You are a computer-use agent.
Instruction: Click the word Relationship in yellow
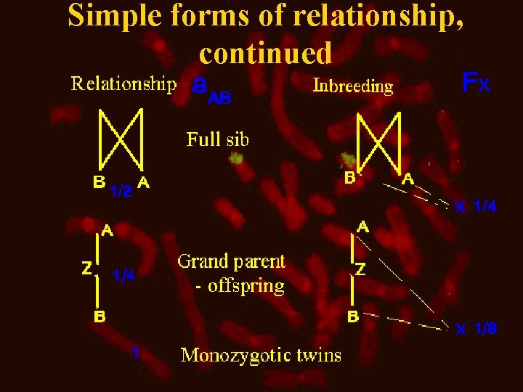click(x=123, y=84)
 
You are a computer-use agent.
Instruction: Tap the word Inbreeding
click(x=353, y=86)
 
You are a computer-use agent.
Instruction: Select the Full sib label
click(x=218, y=139)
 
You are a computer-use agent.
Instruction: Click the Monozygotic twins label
click(x=261, y=355)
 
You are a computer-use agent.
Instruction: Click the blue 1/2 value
click(x=121, y=192)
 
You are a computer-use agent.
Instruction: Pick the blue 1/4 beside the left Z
click(x=123, y=275)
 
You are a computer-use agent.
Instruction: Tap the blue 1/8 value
click(x=485, y=330)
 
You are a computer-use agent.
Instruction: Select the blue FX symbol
click(x=477, y=83)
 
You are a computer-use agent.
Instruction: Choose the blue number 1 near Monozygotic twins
click(x=134, y=352)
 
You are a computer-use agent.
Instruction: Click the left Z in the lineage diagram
click(x=86, y=269)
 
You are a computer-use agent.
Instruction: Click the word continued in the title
click(x=265, y=52)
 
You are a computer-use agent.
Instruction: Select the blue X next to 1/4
click(x=460, y=208)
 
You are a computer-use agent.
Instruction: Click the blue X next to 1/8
click(x=461, y=330)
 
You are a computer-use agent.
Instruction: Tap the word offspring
click(x=246, y=286)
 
